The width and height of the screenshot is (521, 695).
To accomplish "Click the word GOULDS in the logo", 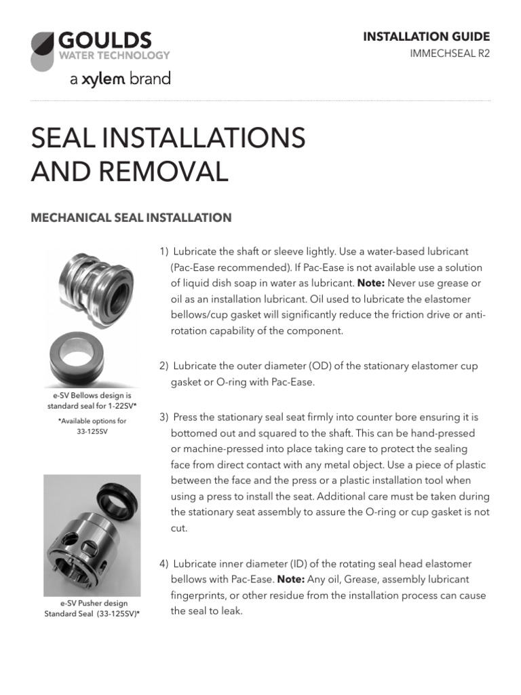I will click(x=104, y=40).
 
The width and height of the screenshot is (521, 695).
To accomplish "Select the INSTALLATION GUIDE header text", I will click(x=427, y=37).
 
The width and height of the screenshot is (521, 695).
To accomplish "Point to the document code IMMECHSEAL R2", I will click(x=450, y=54).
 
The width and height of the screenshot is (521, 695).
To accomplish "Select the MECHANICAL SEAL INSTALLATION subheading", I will click(x=132, y=218).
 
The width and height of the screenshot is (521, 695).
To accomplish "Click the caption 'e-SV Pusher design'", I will click(x=91, y=603).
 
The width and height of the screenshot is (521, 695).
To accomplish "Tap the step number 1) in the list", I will click(x=163, y=252).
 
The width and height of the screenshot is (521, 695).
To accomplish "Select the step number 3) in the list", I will click(x=163, y=417).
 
